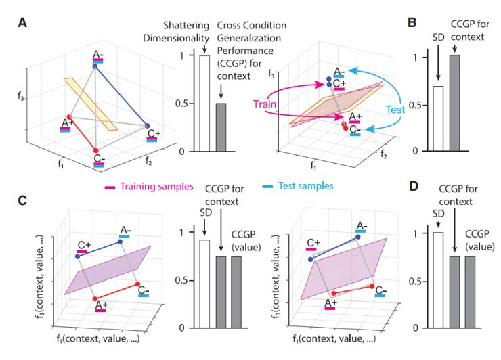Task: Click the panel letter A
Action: (23, 22)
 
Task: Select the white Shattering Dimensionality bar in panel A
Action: (204, 103)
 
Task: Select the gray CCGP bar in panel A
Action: (221, 127)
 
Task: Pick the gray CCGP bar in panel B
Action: (456, 103)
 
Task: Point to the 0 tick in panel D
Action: (424, 328)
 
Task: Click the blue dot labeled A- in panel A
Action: (95, 66)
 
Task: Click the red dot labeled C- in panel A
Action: (95, 150)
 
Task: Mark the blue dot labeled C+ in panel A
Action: (146, 126)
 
